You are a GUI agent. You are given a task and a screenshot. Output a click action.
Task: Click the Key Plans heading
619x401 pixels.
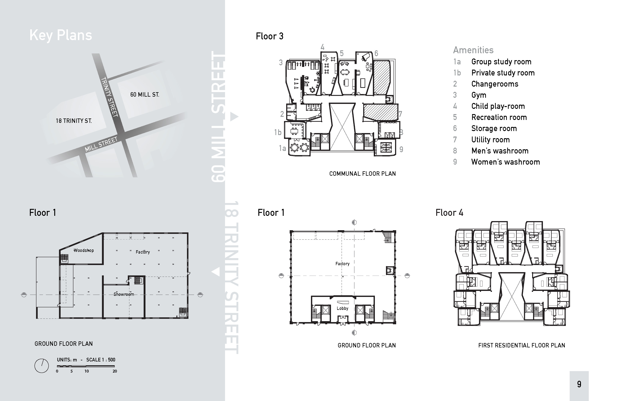[61, 35]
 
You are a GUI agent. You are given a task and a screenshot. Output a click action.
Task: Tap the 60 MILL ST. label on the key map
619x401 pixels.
[145, 95]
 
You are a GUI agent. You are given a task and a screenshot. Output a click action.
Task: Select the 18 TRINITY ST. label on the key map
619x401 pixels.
[74, 121]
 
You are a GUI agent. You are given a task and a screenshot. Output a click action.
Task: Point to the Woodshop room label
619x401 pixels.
[84, 250]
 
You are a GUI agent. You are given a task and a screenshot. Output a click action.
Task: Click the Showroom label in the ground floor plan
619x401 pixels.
[124, 294]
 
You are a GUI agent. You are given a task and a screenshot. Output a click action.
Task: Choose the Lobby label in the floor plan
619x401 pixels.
[342, 308]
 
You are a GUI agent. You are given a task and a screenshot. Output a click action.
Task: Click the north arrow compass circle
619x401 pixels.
[42, 366]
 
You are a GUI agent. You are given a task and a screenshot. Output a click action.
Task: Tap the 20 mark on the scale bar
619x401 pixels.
[115, 371]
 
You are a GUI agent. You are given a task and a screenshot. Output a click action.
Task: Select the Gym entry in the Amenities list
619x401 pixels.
[479, 95]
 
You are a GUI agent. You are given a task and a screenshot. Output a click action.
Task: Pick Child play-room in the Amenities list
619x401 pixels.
[498, 106]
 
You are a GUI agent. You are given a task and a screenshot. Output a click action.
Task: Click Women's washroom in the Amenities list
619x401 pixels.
[506, 162]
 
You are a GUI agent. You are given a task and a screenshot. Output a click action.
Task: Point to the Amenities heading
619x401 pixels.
[473, 50]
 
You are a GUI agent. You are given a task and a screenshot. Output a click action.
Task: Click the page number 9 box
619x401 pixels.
[579, 384]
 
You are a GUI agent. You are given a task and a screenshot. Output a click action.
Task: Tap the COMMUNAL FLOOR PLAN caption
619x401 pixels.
[362, 174]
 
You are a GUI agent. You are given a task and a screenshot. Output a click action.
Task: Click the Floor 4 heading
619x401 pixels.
[450, 213]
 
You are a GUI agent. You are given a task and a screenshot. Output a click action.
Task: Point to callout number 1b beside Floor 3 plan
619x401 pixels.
[278, 133]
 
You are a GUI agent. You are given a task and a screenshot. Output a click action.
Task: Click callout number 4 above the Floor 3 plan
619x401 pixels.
[322, 47]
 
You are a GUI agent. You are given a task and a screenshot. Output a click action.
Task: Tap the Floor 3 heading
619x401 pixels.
[270, 36]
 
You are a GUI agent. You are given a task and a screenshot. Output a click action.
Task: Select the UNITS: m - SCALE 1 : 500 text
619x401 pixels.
[86, 360]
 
